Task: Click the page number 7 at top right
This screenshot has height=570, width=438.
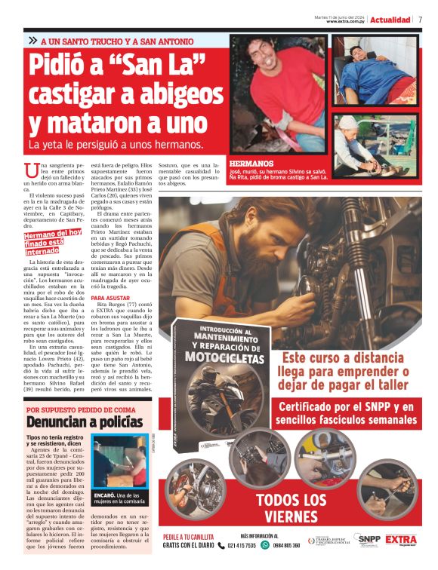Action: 420,20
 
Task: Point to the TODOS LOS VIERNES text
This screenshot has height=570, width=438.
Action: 291,508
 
